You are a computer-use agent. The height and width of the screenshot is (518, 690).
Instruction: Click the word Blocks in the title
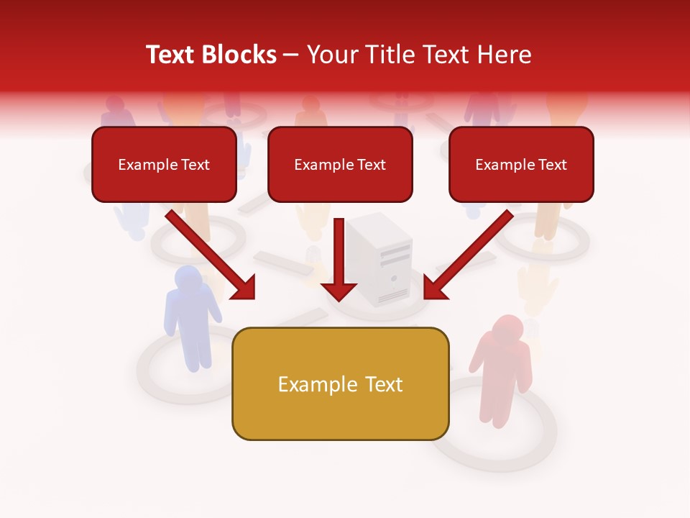tap(241, 55)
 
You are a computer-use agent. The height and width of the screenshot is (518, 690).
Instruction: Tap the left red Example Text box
tap(164, 165)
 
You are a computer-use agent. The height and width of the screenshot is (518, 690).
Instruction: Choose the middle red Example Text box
tap(340, 165)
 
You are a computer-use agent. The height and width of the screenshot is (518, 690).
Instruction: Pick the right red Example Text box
tap(521, 165)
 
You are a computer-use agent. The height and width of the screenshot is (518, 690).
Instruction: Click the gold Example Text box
tap(340, 384)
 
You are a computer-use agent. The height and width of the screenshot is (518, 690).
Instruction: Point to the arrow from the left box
tap(212, 255)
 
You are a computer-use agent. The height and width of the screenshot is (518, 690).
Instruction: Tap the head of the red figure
tap(507, 328)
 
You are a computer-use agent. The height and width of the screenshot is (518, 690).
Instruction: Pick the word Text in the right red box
tap(552, 165)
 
